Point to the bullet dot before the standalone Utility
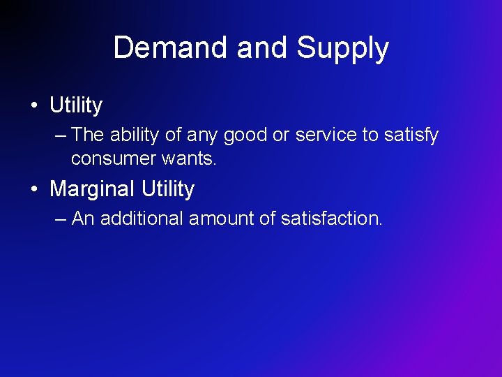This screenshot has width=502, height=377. [33, 106]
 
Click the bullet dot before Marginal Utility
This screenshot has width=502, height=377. [33, 189]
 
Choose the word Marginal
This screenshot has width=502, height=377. [93, 189]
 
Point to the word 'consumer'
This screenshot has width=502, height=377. [114, 159]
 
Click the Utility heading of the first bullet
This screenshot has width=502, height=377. [76, 106]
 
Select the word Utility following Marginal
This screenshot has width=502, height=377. [167, 189]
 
